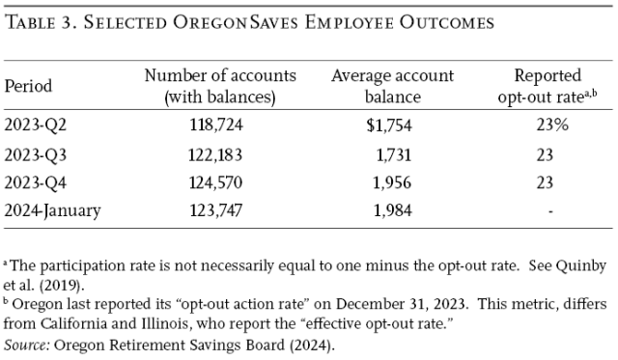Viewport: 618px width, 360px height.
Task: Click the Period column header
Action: tap(28, 85)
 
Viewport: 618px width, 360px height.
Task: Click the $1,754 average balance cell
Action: tap(382, 126)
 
